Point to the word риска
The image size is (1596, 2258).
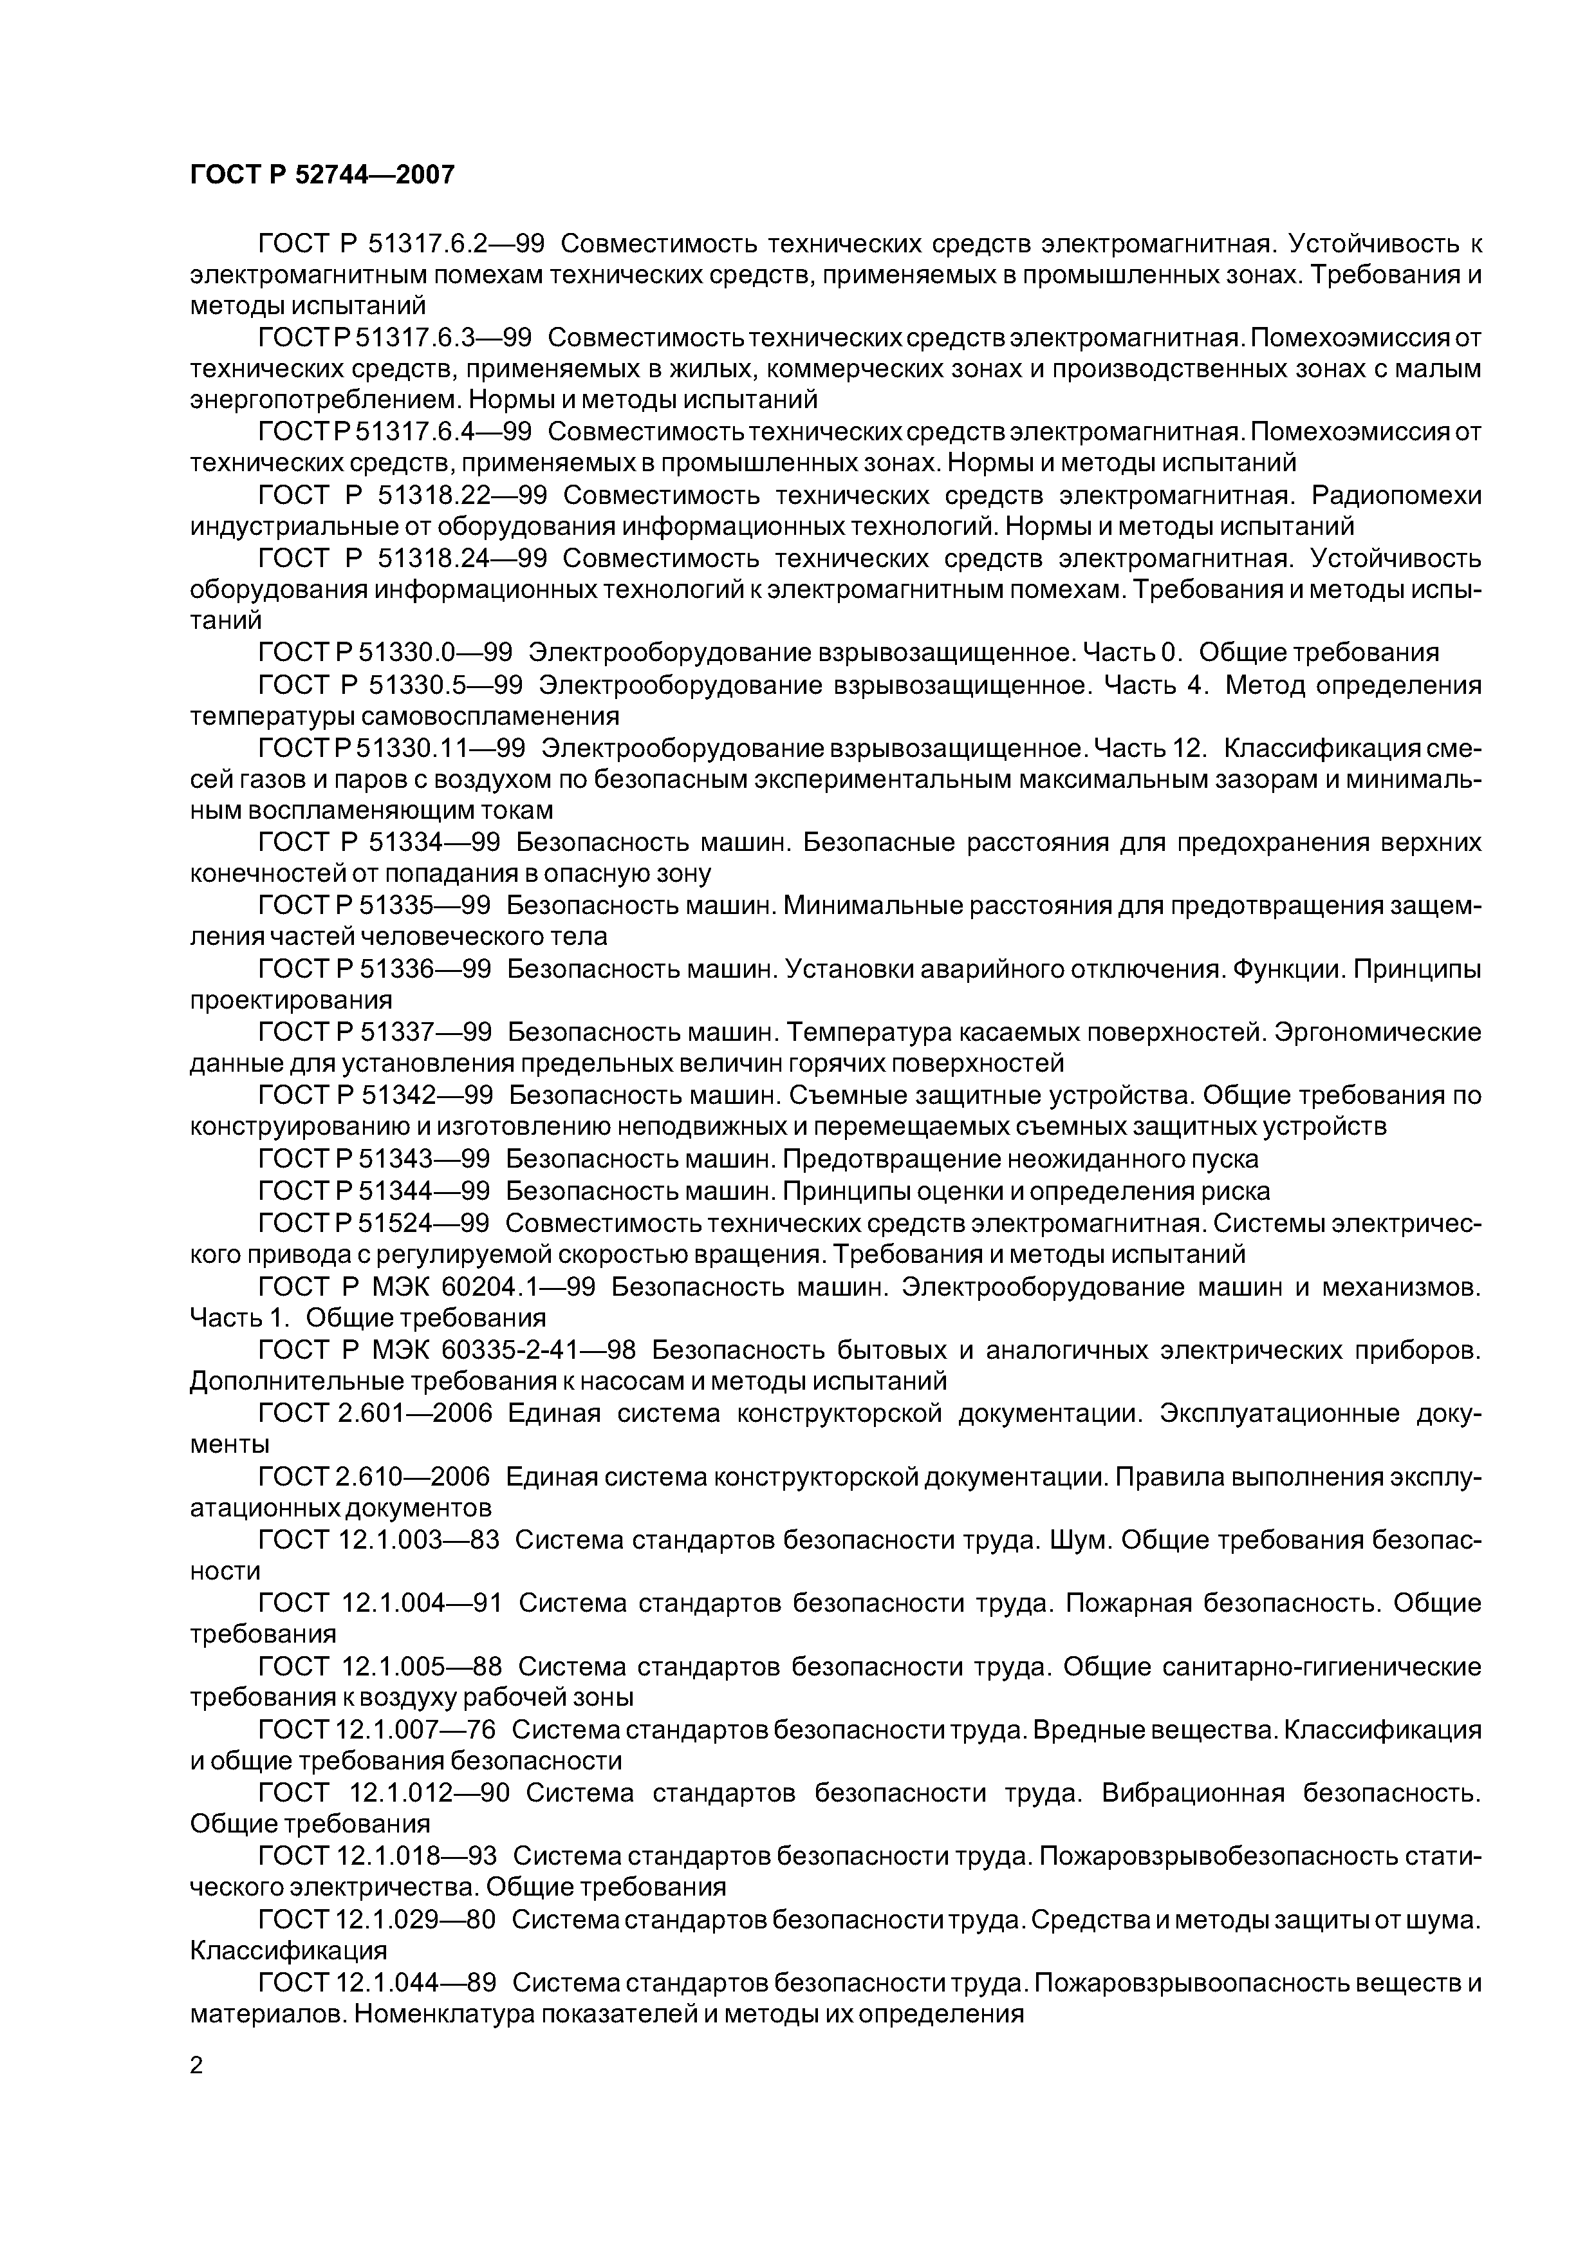pyautogui.click(x=1237, y=1191)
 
